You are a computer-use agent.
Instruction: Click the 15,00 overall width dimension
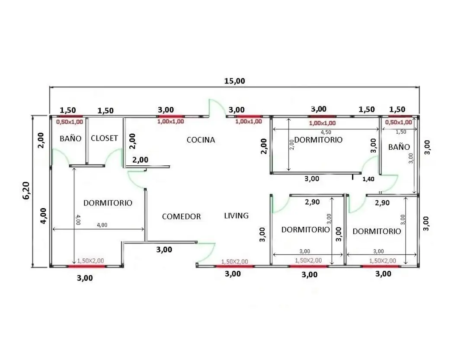tap(235, 81)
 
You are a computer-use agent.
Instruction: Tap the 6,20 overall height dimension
tap(26, 190)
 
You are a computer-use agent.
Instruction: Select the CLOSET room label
tap(104, 138)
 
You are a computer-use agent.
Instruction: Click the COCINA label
tap(201, 140)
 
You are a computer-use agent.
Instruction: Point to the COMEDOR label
tap(181, 216)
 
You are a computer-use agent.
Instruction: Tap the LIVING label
tap(237, 215)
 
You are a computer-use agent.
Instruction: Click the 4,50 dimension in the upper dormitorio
tap(326, 132)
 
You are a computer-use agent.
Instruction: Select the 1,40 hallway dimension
tap(368, 179)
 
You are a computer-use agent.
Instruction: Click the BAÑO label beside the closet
tap(70, 138)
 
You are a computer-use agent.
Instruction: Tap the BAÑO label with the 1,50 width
tap(399, 147)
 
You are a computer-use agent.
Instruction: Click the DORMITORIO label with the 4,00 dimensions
tap(108, 203)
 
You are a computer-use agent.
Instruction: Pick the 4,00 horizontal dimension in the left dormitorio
tap(102, 225)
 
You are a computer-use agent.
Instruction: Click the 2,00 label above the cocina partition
tap(140, 160)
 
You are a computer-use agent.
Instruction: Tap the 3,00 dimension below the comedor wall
tap(164, 249)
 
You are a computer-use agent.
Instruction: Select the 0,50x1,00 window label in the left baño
tap(69, 122)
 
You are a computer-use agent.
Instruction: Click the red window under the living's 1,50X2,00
tap(235, 267)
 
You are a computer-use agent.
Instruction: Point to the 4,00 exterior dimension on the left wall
tap(43, 216)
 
